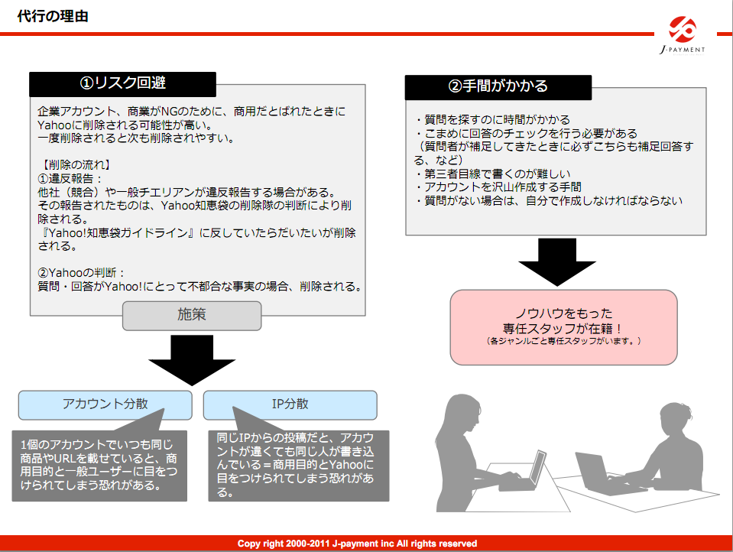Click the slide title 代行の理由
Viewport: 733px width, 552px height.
[x=53, y=16]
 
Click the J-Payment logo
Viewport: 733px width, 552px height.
[x=683, y=36]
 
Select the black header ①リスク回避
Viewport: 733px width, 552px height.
[x=122, y=84]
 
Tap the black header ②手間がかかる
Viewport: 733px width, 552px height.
[x=498, y=87]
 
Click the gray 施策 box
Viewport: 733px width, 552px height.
[x=192, y=316]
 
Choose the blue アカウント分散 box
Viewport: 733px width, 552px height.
[x=105, y=404]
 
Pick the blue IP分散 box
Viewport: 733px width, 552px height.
[x=290, y=404]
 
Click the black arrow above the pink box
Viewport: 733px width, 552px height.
[x=556, y=263]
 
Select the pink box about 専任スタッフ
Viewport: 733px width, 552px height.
[x=563, y=327]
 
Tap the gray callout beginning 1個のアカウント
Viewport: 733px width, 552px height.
[x=99, y=466]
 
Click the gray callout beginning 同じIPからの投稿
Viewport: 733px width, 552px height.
[x=299, y=466]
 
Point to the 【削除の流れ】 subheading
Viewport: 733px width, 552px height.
[x=74, y=164]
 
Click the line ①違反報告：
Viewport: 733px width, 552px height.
[x=70, y=179]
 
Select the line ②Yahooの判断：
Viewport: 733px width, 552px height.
[x=81, y=273]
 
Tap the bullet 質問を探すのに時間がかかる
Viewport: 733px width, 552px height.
[x=492, y=120]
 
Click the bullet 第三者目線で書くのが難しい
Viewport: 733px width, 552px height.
[x=492, y=174]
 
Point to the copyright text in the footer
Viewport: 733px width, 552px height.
[x=357, y=544]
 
